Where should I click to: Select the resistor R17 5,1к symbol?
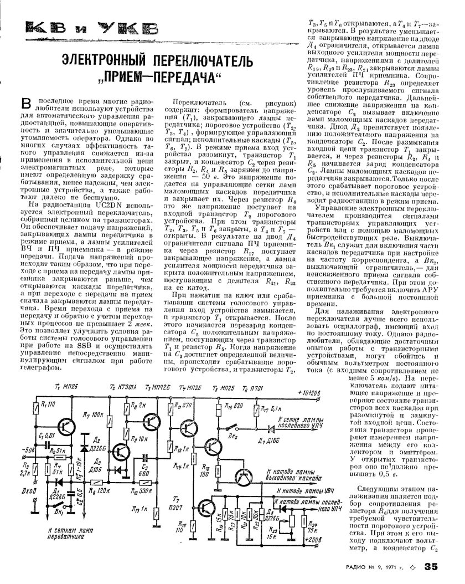click(x=256, y=412)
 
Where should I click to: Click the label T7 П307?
click(x=177, y=496)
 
